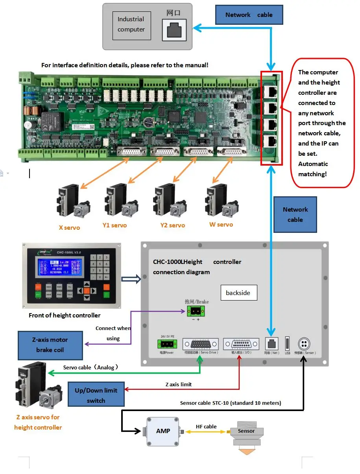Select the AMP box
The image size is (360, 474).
(163, 431)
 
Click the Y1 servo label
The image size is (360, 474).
(114, 225)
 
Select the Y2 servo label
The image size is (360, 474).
(172, 225)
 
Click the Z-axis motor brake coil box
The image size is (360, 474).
(50, 345)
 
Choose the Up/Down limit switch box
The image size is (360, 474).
(96, 395)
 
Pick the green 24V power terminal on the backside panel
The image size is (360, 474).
(167, 344)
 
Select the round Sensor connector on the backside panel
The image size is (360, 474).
(304, 343)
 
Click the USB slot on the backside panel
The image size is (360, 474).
(287, 343)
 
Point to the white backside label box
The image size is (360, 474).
(238, 293)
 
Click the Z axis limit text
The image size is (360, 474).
(179, 384)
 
